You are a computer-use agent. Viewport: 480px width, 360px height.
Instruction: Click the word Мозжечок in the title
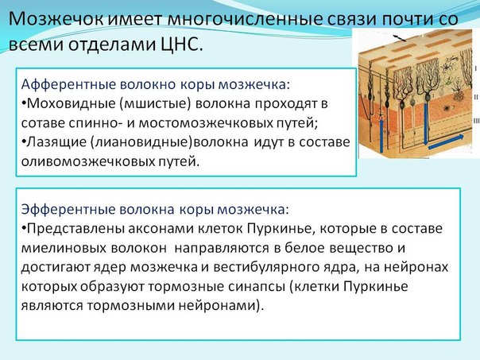pyautogui.click(x=56, y=19)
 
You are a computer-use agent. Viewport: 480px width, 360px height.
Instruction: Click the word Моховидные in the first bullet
pyautogui.click(x=71, y=104)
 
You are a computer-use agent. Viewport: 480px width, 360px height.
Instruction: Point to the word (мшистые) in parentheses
pyautogui.click(x=155, y=104)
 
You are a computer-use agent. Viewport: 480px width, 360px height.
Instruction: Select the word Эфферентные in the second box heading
pyautogui.click(x=68, y=210)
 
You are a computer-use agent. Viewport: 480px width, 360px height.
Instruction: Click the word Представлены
pyautogui.click(x=75, y=229)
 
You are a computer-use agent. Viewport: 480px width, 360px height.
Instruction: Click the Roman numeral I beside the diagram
pyautogui.click(x=476, y=69)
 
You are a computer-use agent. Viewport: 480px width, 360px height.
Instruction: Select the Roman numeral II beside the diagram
pyautogui.click(x=476, y=97)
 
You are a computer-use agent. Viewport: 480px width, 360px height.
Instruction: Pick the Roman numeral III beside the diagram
pyautogui.click(x=476, y=121)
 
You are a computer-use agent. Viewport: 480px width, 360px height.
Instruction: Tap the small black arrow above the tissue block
pyautogui.click(x=400, y=38)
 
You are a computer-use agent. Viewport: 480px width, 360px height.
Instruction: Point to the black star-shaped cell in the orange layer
pyautogui.click(x=447, y=108)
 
